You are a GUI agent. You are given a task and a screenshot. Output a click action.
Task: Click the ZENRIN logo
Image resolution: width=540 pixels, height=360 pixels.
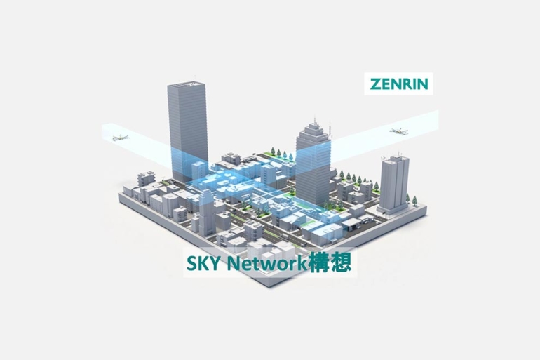[x=398, y=84]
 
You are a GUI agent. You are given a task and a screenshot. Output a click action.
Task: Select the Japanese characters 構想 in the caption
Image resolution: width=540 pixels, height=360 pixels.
[x=330, y=263]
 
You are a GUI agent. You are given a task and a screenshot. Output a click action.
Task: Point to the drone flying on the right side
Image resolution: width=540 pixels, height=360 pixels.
[x=399, y=131]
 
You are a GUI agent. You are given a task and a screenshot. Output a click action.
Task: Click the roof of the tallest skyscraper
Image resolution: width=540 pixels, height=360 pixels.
[x=187, y=84]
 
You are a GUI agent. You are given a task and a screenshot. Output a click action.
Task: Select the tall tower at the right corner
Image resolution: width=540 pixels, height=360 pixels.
[x=393, y=185]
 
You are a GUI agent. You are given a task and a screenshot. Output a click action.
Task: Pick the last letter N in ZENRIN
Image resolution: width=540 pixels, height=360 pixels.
[x=423, y=84]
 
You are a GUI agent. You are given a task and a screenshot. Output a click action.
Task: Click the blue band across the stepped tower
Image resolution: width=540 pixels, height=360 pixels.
[x=313, y=156]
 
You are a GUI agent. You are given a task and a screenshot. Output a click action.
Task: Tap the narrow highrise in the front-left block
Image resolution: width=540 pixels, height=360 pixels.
[x=206, y=213]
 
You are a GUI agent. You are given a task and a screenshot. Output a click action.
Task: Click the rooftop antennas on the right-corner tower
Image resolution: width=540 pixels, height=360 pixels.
[x=393, y=154]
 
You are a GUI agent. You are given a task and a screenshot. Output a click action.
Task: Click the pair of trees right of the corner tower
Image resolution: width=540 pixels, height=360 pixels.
[x=412, y=199]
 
